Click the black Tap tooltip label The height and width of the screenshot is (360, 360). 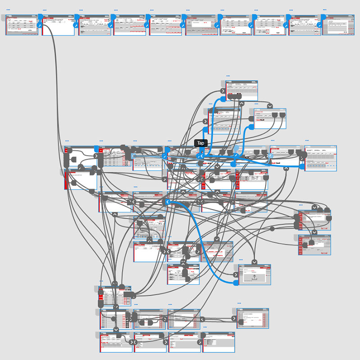click(x=201, y=143)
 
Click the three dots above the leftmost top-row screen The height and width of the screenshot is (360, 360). click(x=8, y=9)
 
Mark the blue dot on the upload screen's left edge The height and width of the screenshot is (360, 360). click(x=236, y=283)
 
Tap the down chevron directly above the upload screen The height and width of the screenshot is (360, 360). click(x=254, y=262)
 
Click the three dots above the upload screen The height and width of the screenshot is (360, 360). click(x=241, y=260)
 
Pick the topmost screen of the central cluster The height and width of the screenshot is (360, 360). click(x=242, y=91)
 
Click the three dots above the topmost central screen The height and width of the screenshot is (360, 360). click(x=228, y=76)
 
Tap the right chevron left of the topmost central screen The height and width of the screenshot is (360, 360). click(x=223, y=90)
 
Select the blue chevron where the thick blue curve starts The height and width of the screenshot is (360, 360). click(x=167, y=202)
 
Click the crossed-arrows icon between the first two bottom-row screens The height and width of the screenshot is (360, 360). click(x=133, y=342)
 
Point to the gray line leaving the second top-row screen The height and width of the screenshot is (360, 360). click(x=56, y=67)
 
